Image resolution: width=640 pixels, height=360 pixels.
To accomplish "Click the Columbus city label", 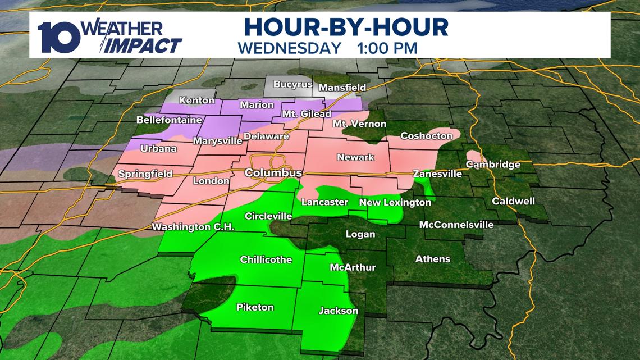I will click(273, 174).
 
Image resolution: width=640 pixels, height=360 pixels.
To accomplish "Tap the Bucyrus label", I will click(292, 85).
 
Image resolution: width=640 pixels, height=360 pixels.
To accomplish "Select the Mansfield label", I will click(342, 88).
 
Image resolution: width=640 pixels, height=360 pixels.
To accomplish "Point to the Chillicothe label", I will click(266, 259).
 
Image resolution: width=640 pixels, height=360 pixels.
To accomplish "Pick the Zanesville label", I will click(437, 174).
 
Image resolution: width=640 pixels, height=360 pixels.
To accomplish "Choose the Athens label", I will click(432, 259).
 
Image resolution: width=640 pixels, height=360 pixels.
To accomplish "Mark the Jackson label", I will click(339, 311).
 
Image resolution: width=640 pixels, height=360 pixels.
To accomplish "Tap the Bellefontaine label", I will click(161, 120).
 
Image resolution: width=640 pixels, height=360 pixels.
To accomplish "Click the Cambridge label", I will click(492, 165).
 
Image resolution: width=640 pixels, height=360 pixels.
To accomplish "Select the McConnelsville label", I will click(456, 225).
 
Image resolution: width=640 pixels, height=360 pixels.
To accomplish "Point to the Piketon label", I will click(255, 307).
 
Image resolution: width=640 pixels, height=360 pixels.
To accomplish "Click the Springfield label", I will click(145, 175).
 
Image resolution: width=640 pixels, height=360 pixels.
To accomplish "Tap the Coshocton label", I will click(426, 136).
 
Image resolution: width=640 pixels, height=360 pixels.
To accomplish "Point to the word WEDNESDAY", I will click(290, 48).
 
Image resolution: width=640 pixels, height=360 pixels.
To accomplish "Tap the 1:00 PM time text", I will click(387, 48).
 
